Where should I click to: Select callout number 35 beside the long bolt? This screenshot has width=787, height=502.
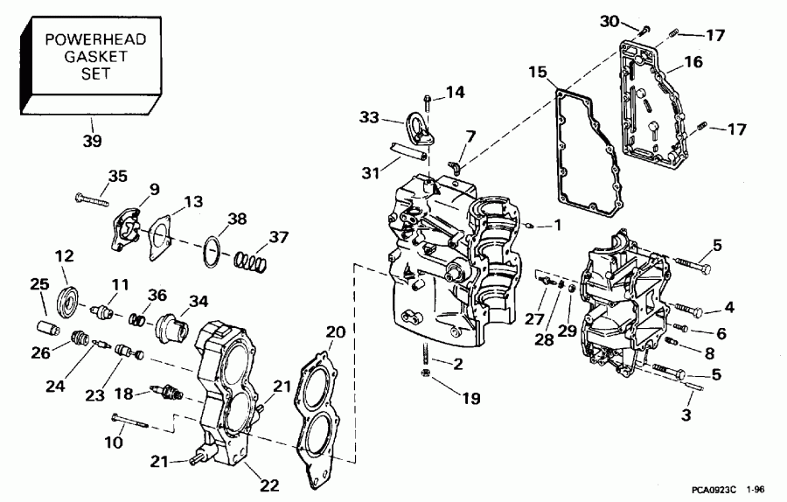tap(117, 176)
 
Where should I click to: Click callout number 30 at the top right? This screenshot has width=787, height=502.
tap(609, 21)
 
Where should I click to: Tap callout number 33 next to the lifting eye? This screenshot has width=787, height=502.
tap(369, 117)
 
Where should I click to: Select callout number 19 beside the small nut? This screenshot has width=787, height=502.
tap(471, 398)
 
